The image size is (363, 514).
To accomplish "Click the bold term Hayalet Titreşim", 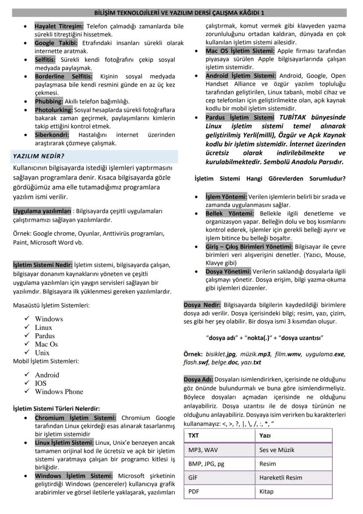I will (x=59, y=26).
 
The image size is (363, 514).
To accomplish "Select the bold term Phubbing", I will (x=49, y=101).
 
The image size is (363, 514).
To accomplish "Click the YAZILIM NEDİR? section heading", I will (x=39, y=156).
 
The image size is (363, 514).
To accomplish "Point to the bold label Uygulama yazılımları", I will (x=42, y=211).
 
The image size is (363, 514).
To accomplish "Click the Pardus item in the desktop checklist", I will (x=45, y=336).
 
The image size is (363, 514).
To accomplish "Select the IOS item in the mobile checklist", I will (x=41, y=383).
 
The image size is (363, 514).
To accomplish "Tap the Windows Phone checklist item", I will (x=59, y=392).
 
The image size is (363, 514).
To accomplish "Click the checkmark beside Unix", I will (x=27, y=352).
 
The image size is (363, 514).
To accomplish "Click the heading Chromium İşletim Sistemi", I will (x=75, y=418).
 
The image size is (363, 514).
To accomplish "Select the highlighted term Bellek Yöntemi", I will (x=229, y=213).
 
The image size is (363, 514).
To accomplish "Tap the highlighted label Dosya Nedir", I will (x=202, y=305).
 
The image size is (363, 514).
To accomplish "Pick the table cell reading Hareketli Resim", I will (x=281, y=478).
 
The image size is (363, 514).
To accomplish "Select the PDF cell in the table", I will (x=194, y=492).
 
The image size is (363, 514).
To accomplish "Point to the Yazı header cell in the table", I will (x=265, y=435).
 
